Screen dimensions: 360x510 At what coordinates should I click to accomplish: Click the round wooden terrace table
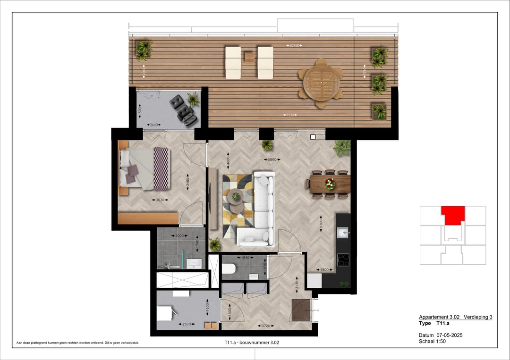[321, 82]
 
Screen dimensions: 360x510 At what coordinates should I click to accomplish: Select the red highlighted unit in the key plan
[453, 216]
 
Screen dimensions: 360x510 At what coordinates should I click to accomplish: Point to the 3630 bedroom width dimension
[161, 200]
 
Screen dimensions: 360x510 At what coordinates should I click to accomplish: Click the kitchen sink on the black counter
[342, 233]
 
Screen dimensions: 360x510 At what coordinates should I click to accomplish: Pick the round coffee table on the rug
[235, 196]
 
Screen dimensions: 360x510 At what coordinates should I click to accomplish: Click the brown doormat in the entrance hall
[300, 310]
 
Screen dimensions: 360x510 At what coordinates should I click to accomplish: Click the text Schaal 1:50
[432, 341]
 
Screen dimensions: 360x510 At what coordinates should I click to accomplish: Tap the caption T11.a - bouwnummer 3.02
[255, 343]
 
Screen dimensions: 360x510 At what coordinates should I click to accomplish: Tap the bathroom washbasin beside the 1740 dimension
[194, 263]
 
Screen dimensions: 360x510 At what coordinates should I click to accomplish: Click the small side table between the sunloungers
[249, 58]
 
